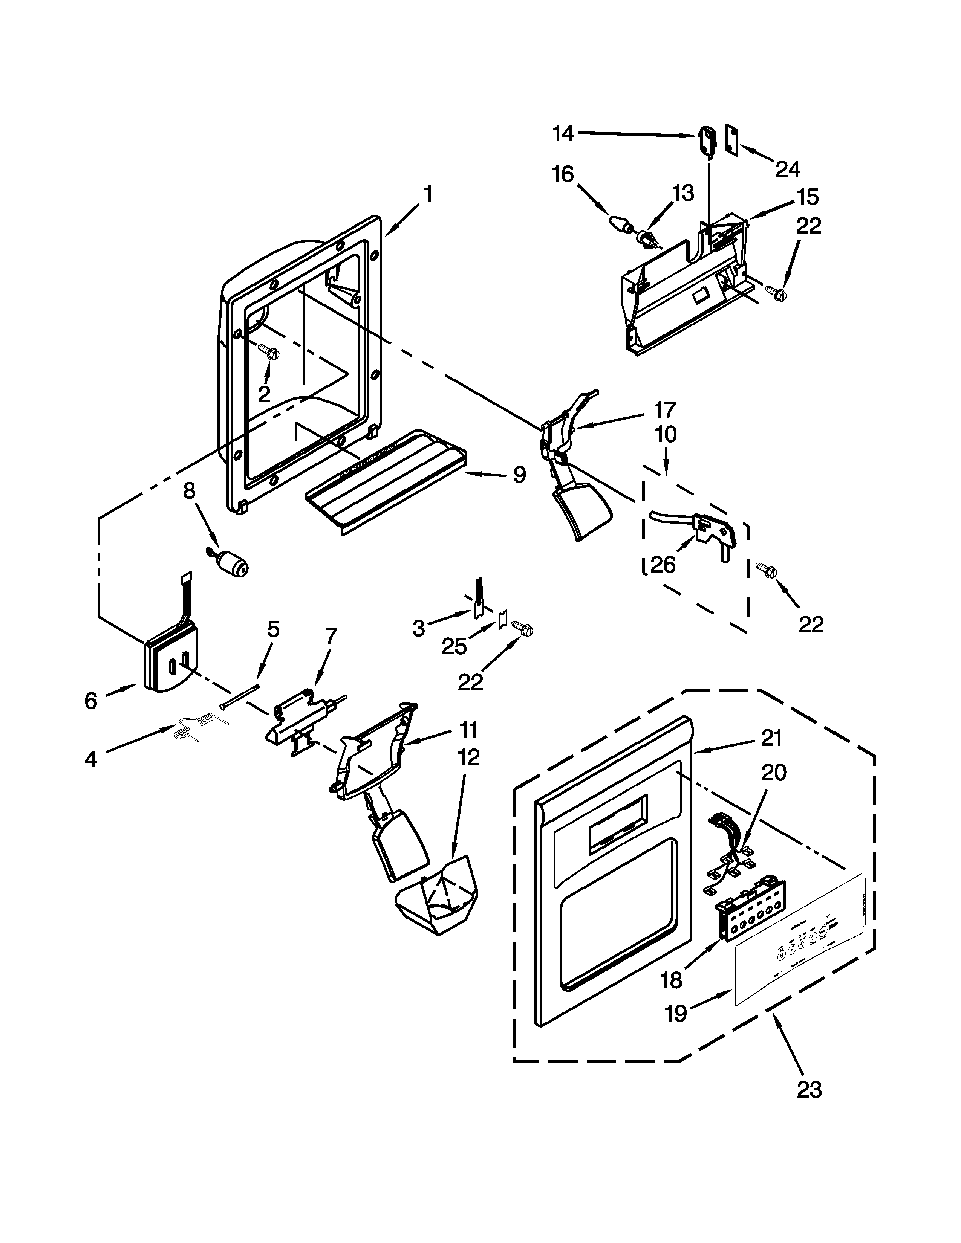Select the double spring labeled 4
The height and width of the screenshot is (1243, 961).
click(x=200, y=727)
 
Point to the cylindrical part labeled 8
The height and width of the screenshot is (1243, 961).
click(x=232, y=565)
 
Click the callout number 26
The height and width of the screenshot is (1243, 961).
click(x=663, y=565)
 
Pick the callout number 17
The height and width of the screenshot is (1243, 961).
click(x=664, y=410)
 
